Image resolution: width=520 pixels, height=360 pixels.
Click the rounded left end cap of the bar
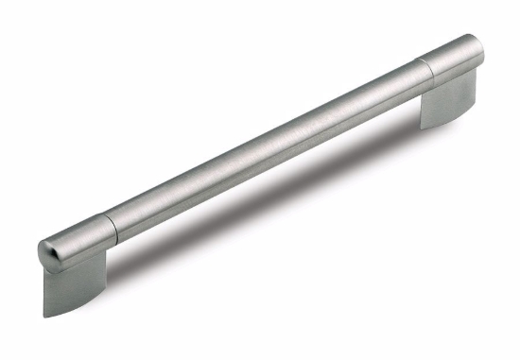[x=46, y=251]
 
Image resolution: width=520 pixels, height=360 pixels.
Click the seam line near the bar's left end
[x=112, y=225]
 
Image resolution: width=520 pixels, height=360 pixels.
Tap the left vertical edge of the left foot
[x=43, y=288]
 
